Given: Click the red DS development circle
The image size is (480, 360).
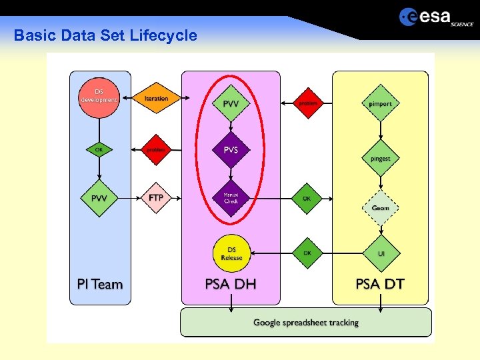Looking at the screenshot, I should point(99,97).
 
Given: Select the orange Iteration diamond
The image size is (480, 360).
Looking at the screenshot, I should point(156,98).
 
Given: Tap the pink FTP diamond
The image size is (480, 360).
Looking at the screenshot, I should point(156,198).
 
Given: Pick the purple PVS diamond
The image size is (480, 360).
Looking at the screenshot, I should point(231,150).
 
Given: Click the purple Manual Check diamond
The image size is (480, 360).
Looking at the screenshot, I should point(231,198).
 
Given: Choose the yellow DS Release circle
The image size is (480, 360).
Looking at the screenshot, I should point(231,253).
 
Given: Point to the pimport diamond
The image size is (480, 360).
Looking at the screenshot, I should point(380,103).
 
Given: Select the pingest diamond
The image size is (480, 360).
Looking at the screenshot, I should point(380,159).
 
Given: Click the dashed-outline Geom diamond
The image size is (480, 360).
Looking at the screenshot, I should point(380,208).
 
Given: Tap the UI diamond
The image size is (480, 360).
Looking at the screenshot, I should point(381,253).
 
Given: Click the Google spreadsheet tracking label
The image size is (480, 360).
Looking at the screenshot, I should point(306,323).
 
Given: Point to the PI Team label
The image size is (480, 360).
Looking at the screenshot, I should point(100,285).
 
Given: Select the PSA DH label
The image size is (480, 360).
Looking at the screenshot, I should point(231,285).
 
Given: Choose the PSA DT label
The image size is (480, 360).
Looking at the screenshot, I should point(380,285).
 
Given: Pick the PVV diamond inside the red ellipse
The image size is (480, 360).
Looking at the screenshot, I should point(231,103).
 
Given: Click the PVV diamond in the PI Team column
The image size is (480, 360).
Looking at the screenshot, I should point(99,198).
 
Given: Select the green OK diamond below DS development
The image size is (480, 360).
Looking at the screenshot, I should point(99,150).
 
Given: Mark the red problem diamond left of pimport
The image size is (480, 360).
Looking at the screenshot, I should point(307,103).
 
